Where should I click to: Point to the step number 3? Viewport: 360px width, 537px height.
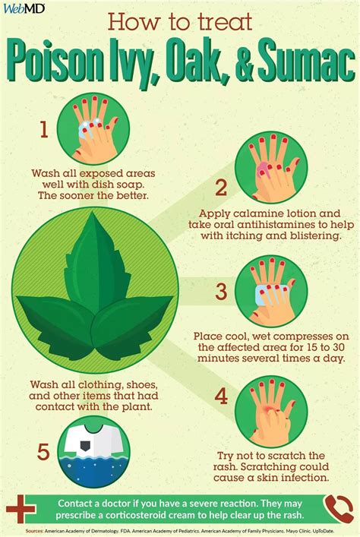click(x=221, y=291)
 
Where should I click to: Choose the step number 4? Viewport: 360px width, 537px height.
click(x=221, y=395)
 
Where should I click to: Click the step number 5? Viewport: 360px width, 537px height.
click(x=43, y=453)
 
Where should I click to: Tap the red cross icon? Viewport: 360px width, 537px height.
click(x=21, y=507)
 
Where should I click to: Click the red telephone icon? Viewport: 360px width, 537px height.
click(x=338, y=507)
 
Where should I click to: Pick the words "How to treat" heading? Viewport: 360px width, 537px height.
click(x=179, y=21)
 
